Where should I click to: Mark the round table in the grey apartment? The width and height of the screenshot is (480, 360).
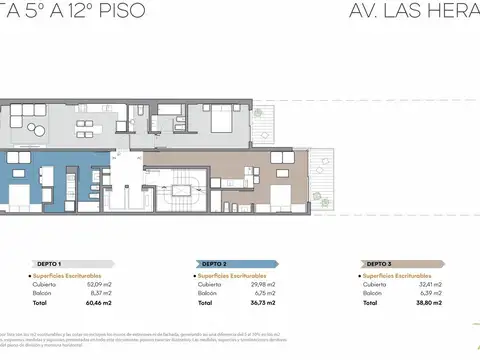point(38,127)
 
